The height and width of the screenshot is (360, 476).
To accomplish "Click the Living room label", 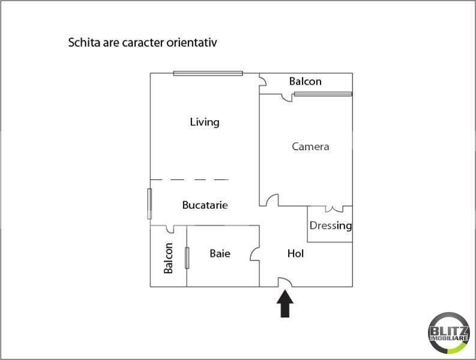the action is point(205,122).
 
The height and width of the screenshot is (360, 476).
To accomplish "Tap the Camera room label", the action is point(310,146).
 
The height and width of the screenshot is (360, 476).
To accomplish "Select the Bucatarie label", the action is point(205,205).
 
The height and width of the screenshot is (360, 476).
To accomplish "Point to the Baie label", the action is point(220,253).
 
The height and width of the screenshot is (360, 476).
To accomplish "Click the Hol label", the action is point(295,253).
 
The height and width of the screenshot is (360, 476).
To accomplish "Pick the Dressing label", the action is point(331,226).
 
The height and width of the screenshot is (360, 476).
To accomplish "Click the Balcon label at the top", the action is point(305,82).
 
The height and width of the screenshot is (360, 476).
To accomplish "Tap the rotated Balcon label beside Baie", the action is point(168,258).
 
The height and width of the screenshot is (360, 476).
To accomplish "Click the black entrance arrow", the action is point(285,304).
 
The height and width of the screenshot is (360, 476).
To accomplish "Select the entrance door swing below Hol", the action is point(285,281).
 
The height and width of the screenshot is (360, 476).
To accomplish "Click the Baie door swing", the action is point(255,254).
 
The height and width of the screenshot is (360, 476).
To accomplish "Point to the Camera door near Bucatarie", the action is point(272,200).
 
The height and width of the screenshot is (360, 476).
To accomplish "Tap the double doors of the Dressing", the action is point(334,209).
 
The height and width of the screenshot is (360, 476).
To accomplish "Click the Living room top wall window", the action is point(208,73).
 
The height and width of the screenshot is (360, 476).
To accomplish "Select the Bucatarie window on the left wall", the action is point(149,203).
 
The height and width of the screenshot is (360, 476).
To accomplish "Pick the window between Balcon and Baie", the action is point(187,258).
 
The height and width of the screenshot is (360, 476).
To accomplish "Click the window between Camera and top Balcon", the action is point(323,94).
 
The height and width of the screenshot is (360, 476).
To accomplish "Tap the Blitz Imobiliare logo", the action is point(448,333).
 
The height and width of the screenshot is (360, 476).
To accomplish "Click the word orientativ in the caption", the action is point(191,43).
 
